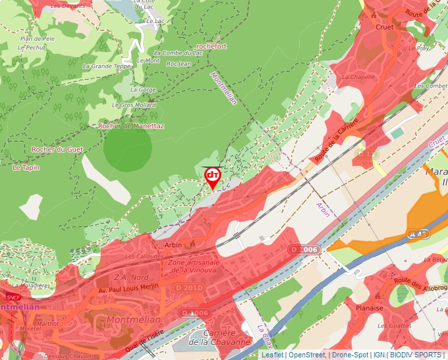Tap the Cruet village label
coord(384,27)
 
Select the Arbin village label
coord(173,245)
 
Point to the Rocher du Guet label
coord(57,149)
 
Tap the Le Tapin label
coord(26,168)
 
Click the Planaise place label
coord(369,307)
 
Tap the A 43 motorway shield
coord(416,234)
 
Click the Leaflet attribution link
coord(273,355)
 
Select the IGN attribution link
coord(379,355)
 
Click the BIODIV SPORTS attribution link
coord(416,355)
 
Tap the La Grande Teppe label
coord(107,66)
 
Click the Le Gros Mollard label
coord(134,105)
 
